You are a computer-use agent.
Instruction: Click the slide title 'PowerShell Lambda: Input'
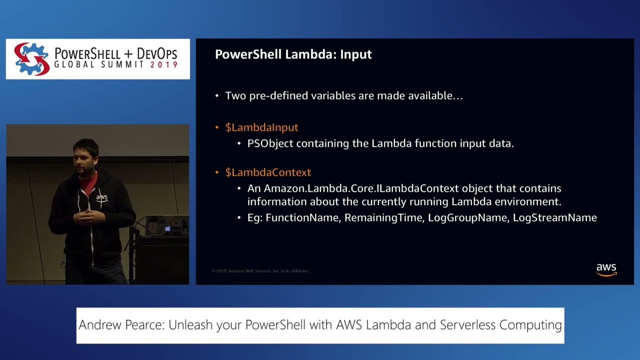293,54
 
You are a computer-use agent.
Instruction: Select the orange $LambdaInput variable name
261,127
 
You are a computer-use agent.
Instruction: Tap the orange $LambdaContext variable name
268,172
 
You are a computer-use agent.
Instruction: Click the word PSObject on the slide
270,143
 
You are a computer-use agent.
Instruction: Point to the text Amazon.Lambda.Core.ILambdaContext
361,188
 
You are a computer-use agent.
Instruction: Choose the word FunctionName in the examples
302,217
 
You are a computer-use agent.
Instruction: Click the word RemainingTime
383,217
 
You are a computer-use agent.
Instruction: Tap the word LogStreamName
554,217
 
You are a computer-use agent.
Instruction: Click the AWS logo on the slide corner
606,269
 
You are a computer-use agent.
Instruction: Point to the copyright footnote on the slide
260,271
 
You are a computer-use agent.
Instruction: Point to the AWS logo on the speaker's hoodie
101,198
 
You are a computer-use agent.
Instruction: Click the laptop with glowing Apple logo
167,227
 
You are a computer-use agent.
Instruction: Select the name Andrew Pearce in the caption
121,325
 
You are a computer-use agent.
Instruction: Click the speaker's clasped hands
89,216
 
